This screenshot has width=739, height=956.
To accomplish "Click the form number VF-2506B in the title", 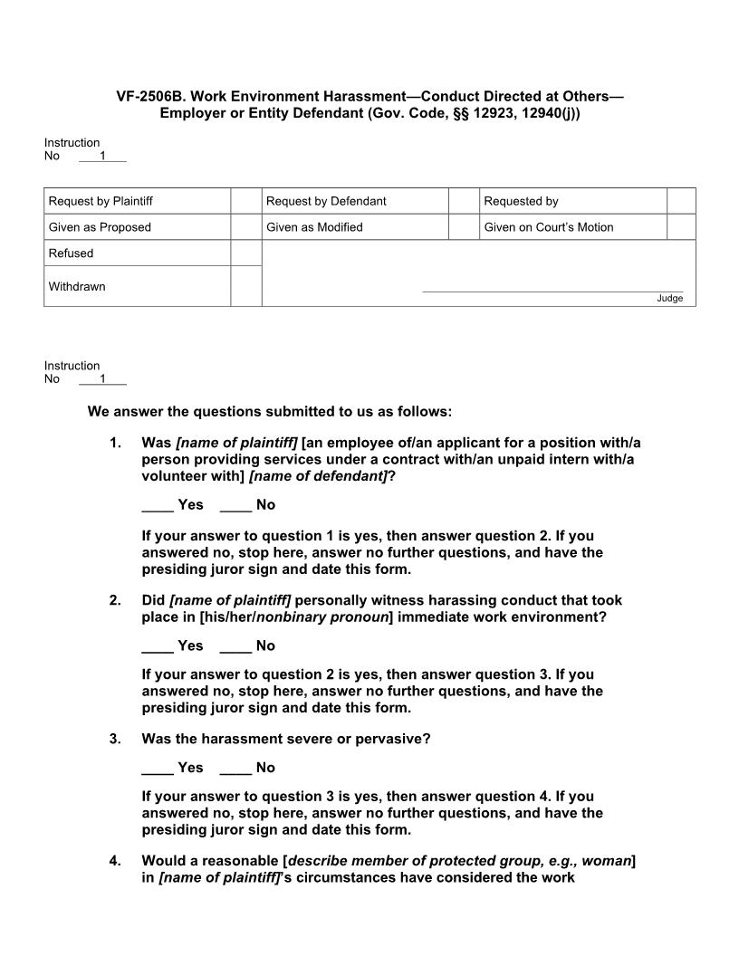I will click(149, 96).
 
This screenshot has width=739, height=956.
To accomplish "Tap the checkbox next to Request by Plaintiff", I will click(245, 201).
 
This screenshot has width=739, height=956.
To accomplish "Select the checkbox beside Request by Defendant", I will click(464, 201).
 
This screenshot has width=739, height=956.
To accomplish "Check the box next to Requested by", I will click(681, 201).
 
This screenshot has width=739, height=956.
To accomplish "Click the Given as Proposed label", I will click(100, 227).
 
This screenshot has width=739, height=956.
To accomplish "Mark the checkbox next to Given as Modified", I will click(464, 227).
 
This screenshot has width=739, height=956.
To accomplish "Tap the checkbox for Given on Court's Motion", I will click(681, 227).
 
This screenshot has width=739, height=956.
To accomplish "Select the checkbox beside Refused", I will click(245, 253).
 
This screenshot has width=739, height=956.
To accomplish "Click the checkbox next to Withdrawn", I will click(245, 286).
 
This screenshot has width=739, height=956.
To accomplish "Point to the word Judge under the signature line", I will click(669, 299).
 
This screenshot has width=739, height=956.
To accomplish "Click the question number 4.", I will click(115, 861).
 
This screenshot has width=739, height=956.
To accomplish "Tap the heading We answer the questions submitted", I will click(269, 412).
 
